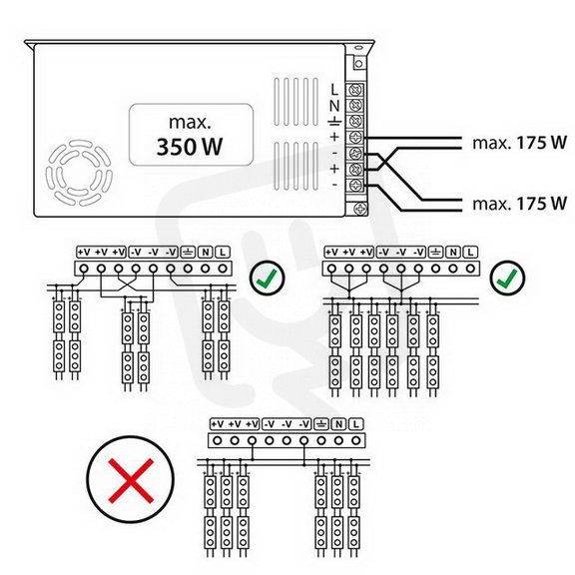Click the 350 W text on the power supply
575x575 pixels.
(x=190, y=147)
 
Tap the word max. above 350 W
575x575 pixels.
(x=190, y=122)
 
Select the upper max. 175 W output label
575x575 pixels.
(x=520, y=143)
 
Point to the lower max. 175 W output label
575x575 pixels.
(x=520, y=204)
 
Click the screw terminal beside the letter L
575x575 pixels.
(x=356, y=90)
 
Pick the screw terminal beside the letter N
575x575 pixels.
(x=356, y=106)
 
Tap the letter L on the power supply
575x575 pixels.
(x=334, y=89)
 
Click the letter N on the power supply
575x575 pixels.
(x=334, y=106)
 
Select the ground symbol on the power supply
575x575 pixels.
(x=334, y=122)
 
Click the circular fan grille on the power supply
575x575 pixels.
(x=79, y=173)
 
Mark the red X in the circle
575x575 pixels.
(x=131, y=480)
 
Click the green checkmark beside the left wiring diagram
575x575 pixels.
(x=267, y=278)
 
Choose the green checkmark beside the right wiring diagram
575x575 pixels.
(x=507, y=278)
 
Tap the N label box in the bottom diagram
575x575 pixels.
(x=338, y=424)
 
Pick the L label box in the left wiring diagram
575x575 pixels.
(x=223, y=253)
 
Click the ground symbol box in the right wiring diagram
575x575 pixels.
(x=435, y=253)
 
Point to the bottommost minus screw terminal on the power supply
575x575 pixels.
(x=356, y=185)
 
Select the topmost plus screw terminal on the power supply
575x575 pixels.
(x=356, y=138)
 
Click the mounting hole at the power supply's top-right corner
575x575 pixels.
(x=358, y=64)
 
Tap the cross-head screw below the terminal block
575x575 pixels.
(x=359, y=209)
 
